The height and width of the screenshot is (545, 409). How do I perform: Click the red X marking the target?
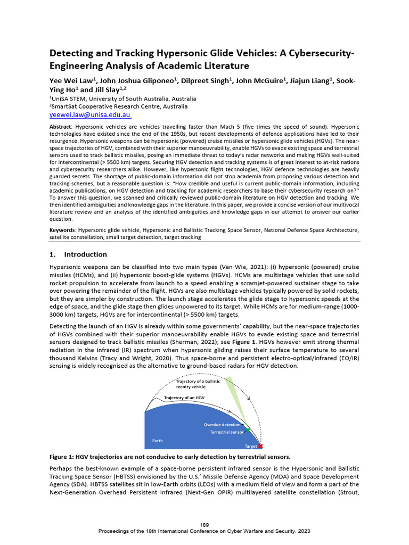tap(260, 447)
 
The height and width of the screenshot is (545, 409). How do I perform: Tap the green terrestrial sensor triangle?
tap(247, 428)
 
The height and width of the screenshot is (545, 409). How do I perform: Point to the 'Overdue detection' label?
tap(223, 425)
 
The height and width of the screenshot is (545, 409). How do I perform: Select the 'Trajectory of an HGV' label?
tap(184, 398)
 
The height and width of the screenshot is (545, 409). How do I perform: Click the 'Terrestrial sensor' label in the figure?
tap(226, 433)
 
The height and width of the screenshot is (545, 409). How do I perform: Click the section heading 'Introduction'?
tap(85, 254)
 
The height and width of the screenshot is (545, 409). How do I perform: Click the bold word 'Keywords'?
tap(63, 230)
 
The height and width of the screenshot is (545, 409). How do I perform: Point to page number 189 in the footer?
tap(204, 525)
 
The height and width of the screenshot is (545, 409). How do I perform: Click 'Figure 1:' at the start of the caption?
tap(63, 457)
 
